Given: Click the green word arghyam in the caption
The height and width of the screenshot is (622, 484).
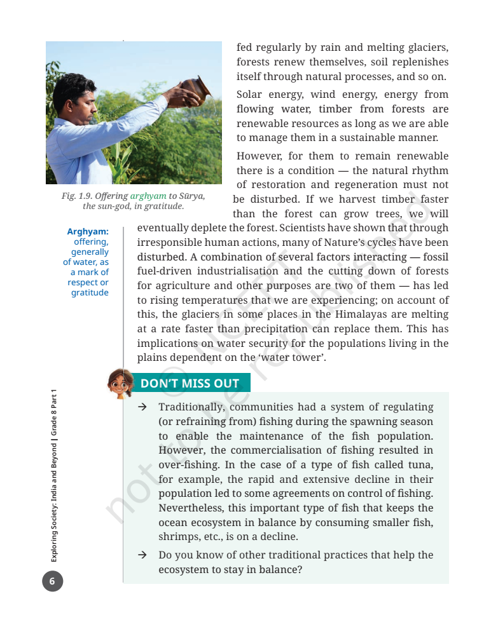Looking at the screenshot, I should [x=148, y=196].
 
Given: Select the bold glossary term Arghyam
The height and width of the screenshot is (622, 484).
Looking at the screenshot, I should [x=88, y=232].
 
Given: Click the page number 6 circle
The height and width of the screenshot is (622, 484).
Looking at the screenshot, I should [x=52, y=581].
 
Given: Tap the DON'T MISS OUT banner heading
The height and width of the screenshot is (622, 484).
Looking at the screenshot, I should [x=190, y=383].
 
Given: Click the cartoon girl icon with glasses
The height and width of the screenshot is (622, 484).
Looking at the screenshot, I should [x=119, y=383].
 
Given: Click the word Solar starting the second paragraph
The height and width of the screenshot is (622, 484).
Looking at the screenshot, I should [x=249, y=95].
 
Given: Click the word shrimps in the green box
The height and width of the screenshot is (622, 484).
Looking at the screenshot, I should [x=179, y=537].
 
